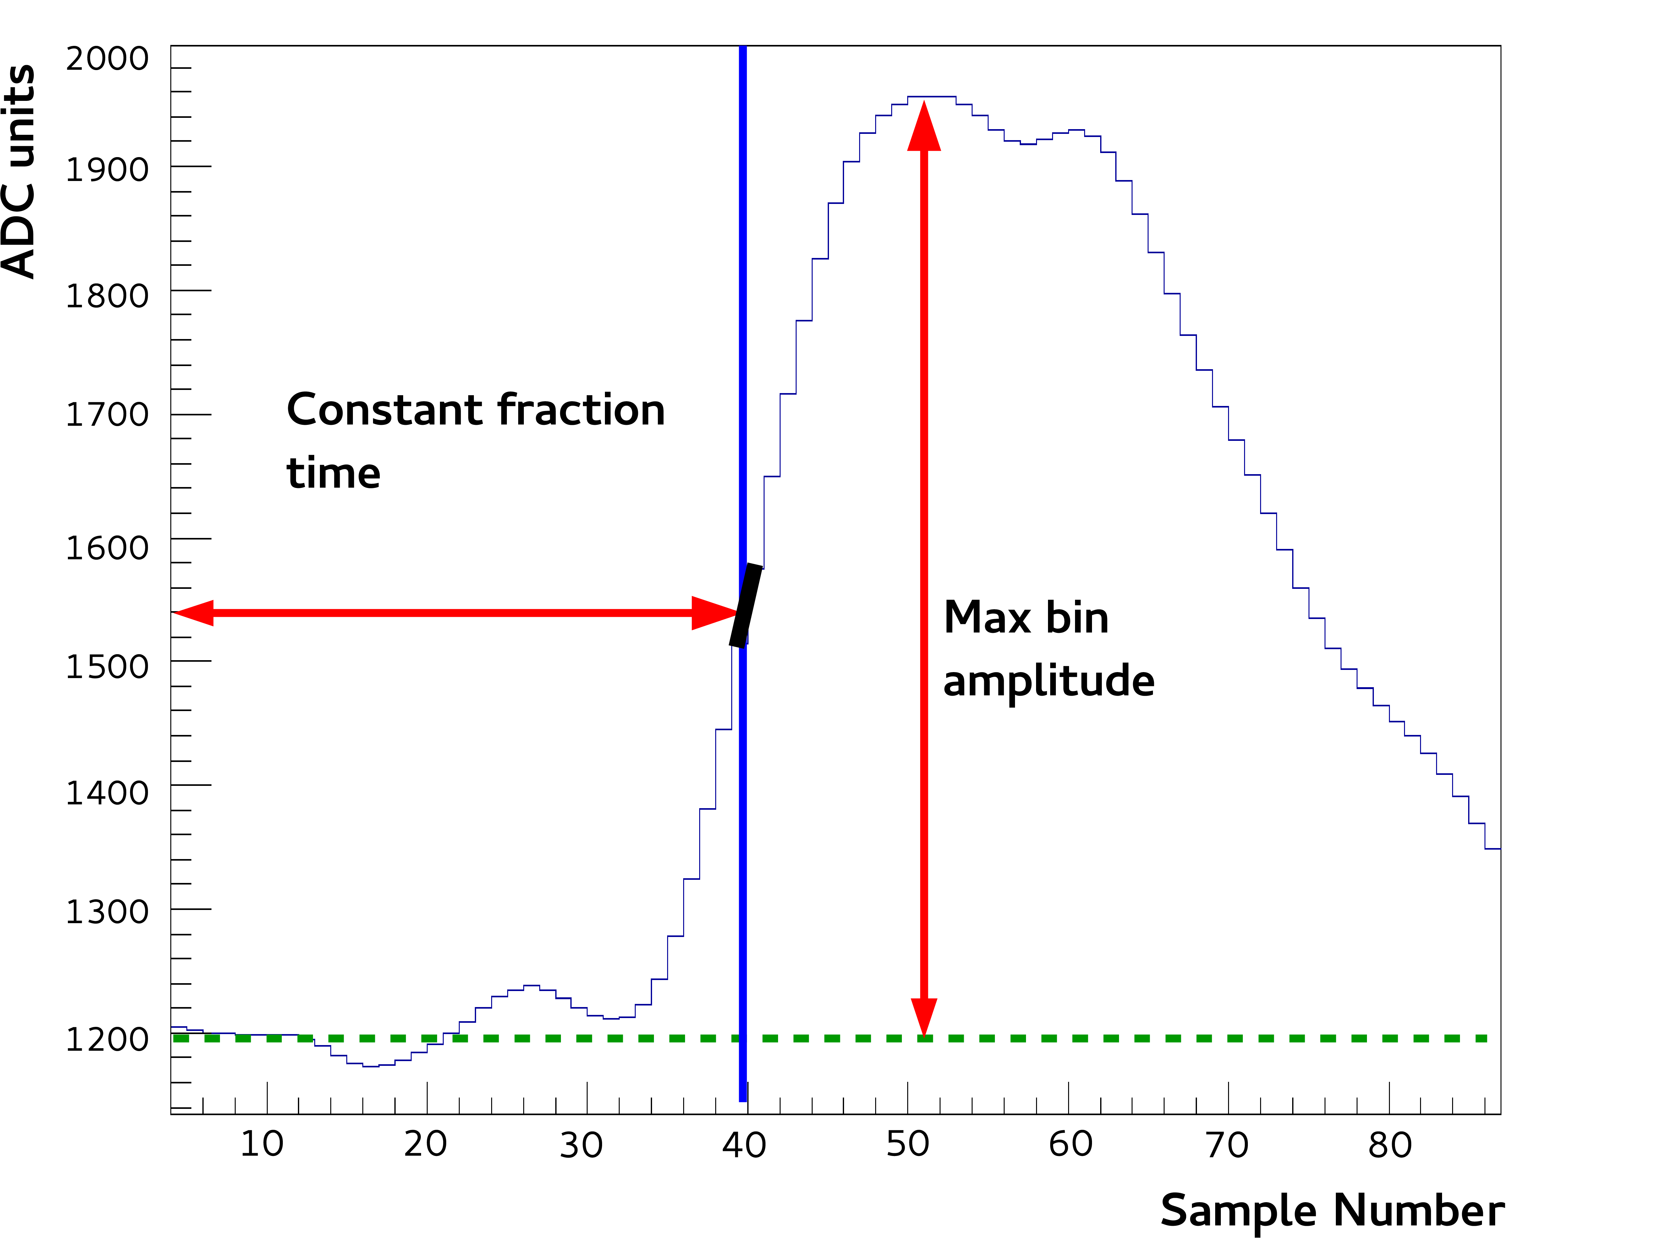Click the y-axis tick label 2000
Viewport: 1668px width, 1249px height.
point(107,59)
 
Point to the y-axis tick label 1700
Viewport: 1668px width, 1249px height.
point(107,415)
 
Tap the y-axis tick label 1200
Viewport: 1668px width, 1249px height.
point(107,1039)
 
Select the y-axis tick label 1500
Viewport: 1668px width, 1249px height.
point(107,667)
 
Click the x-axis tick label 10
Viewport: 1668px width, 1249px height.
point(262,1144)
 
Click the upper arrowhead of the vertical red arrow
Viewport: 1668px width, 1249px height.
point(924,127)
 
